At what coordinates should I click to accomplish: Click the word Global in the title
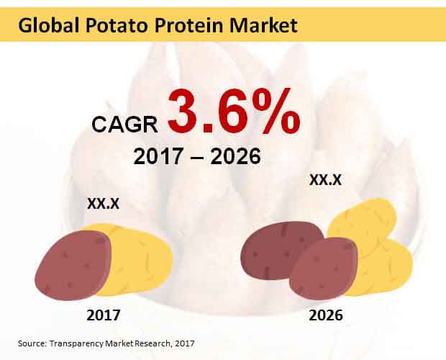point(48,25)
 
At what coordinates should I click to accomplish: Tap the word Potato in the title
point(117,25)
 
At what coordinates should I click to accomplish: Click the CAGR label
point(124,125)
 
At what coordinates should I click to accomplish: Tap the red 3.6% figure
point(234,112)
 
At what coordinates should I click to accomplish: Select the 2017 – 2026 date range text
point(197,156)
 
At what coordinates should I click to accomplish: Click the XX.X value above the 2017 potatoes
point(104,204)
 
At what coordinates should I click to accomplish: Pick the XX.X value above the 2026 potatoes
point(325,180)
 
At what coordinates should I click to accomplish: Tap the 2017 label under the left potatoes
point(104,315)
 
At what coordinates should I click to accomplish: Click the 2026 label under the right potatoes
point(326,315)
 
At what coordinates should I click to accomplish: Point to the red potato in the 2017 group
point(73,265)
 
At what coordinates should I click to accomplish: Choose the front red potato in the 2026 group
point(323,269)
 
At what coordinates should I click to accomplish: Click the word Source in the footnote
point(32,343)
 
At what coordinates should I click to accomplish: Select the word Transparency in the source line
point(76,343)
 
